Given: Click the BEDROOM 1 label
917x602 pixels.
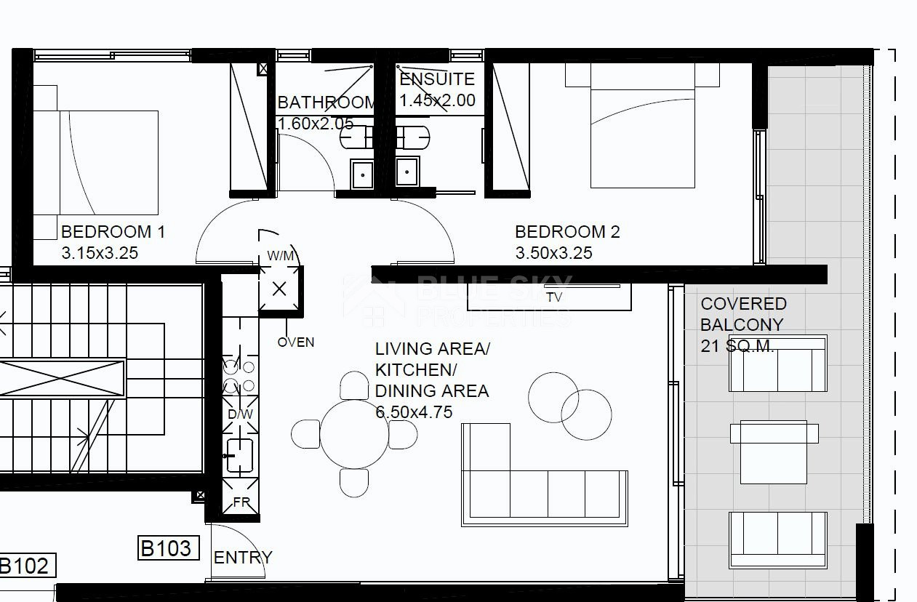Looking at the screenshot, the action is click(x=113, y=232).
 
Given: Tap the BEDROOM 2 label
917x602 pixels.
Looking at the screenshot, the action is click(x=567, y=232).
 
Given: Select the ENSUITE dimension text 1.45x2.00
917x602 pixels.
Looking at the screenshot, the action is click(x=437, y=100).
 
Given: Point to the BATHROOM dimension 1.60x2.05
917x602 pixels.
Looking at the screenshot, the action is click(x=316, y=124).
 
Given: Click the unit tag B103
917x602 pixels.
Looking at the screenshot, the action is click(x=169, y=548).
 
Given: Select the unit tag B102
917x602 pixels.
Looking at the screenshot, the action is click(x=25, y=566).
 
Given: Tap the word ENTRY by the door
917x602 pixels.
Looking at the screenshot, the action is click(x=243, y=558).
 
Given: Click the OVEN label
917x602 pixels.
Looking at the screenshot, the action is click(x=295, y=342).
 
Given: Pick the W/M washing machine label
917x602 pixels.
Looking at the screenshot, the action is click(x=281, y=256).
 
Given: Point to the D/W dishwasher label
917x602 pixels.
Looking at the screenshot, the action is click(x=240, y=414).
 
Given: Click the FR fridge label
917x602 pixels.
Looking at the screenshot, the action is click(x=241, y=502).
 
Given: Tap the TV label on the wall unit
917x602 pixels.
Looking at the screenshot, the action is click(x=554, y=297).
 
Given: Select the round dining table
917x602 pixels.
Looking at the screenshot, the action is click(x=354, y=434).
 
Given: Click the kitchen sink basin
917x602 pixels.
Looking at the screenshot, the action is click(x=240, y=455).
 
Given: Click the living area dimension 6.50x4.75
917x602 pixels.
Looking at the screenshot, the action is click(x=414, y=412).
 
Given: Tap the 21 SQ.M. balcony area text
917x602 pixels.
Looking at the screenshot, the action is click(x=737, y=346).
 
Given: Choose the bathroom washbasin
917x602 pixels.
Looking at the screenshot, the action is click(x=362, y=174).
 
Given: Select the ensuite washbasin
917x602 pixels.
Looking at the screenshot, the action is click(x=407, y=172).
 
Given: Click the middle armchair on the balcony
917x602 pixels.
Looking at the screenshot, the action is click(x=774, y=452).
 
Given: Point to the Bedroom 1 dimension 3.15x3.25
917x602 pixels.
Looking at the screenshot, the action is click(x=100, y=253).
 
